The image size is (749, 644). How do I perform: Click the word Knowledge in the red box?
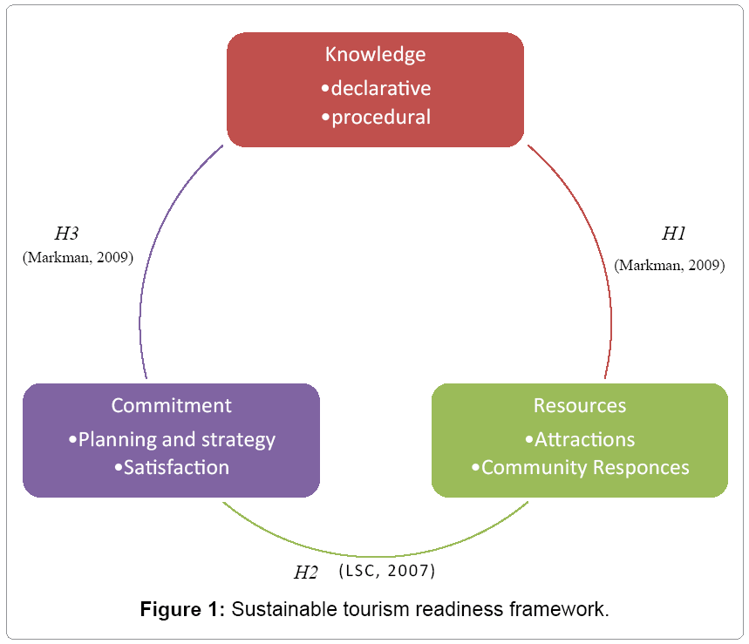[x=375, y=54]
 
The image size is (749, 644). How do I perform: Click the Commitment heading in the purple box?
[x=171, y=405]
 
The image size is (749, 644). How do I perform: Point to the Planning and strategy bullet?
[x=172, y=439]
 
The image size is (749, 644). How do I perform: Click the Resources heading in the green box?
[x=580, y=405]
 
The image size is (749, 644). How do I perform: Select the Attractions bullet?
[x=580, y=439]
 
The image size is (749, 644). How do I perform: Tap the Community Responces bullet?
[x=581, y=467]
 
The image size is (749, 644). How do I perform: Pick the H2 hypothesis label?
[x=307, y=573]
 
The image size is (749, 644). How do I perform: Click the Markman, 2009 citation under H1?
[x=669, y=266]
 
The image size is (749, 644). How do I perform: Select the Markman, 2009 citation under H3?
[x=78, y=257]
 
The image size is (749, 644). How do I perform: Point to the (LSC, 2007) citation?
[x=386, y=571]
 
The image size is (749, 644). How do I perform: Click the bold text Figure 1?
[x=183, y=609]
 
